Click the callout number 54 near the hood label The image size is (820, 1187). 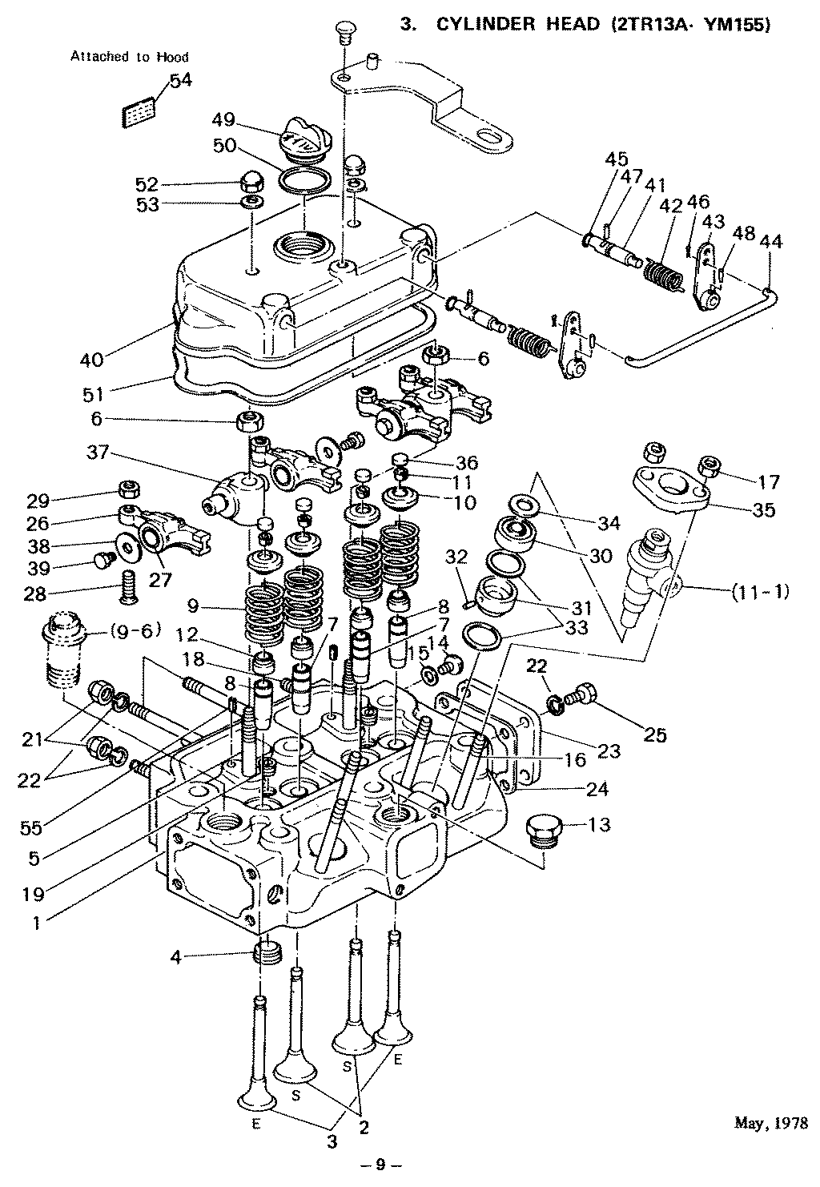[180, 82]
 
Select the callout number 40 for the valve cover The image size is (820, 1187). [92, 360]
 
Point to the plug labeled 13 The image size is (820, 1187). [545, 829]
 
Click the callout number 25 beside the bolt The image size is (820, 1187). [655, 734]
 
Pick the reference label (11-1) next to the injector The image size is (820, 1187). [760, 592]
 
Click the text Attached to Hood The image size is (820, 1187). [130, 57]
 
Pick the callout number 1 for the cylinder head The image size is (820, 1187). [36, 922]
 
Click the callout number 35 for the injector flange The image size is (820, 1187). [763, 509]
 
